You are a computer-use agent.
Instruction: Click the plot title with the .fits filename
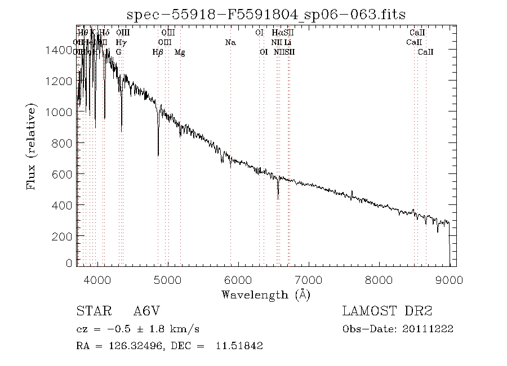[x=266, y=14]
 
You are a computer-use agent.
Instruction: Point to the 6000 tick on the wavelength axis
[x=238, y=280]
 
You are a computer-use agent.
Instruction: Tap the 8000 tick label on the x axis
[x=379, y=280]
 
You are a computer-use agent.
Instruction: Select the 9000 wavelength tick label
[x=449, y=280]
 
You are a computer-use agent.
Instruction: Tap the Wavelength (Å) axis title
[x=266, y=294]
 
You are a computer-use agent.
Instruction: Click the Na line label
[x=230, y=42]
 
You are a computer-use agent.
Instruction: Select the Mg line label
[x=180, y=52]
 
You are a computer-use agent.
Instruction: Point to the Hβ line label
[x=158, y=52]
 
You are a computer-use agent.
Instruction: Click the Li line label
[x=287, y=42]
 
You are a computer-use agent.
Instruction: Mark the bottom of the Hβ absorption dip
[x=158, y=155]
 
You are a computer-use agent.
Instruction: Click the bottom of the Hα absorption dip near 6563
[x=278, y=198]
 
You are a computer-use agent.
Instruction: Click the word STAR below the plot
[x=91, y=311]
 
